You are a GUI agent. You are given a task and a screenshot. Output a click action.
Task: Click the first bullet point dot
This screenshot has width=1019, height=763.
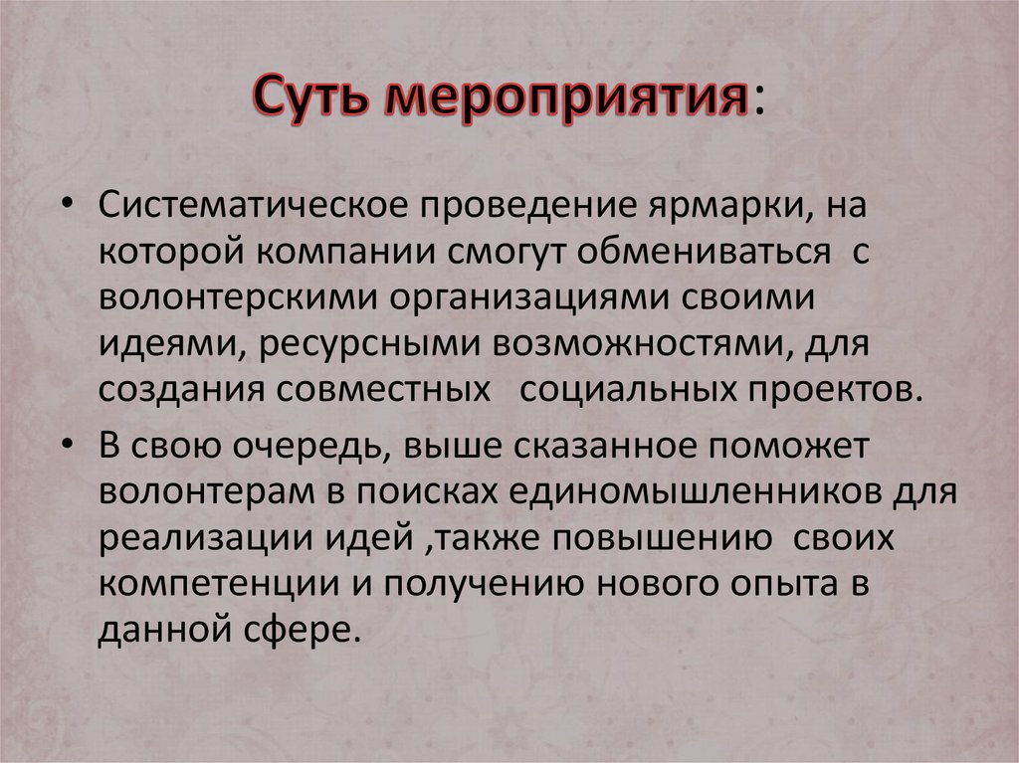tap(71, 203)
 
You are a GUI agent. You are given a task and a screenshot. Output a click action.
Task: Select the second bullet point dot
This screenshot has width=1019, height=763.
tap(71, 448)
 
